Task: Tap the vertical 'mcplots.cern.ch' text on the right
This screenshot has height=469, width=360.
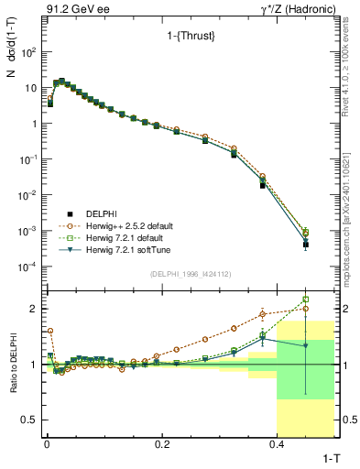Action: tap(350, 211)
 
